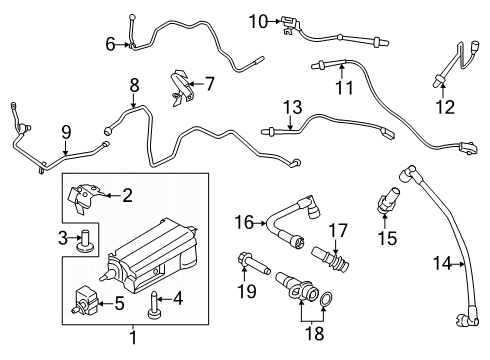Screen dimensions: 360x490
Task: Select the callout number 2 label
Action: [127, 196]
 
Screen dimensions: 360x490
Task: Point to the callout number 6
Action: [110, 42]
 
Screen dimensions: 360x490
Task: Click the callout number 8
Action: [133, 86]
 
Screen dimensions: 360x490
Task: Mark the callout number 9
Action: [66, 130]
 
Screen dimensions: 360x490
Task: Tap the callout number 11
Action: [344, 89]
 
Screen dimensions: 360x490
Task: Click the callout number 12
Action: [446, 106]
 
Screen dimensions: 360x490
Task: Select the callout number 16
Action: [244, 220]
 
